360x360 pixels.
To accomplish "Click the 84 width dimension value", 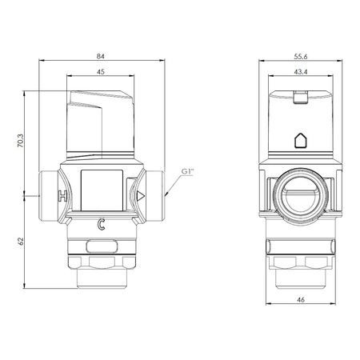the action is click(101, 56).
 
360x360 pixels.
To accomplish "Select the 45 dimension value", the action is click(101, 72).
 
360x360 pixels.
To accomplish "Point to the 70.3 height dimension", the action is click(21, 141).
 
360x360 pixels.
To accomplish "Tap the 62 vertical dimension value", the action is click(21, 242).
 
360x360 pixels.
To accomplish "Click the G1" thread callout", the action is click(187, 171).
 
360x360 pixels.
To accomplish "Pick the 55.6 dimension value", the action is click(301, 57).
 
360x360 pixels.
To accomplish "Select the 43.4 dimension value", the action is click(301, 72).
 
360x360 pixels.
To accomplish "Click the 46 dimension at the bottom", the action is click(301, 299).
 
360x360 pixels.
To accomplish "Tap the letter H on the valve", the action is click(62, 196).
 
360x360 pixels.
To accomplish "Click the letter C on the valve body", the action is click(101, 225).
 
